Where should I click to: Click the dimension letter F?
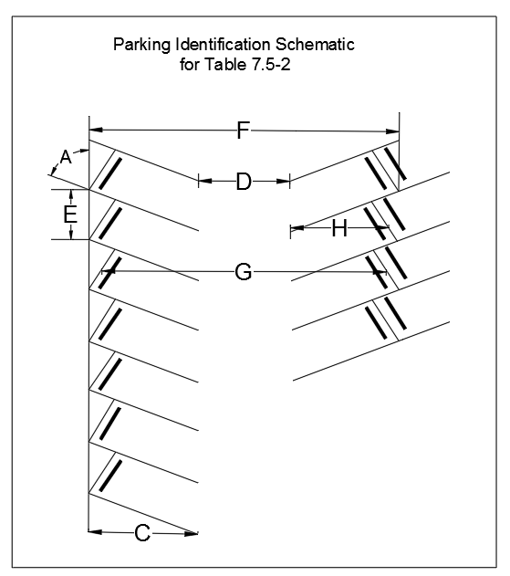point(244,130)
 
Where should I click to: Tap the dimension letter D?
point(244,182)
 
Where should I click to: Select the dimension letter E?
point(70,215)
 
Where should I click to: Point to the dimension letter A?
point(66,157)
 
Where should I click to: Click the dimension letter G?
point(244,272)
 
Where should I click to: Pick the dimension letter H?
point(339,228)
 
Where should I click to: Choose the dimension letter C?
point(142,533)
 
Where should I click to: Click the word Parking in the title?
point(141,45)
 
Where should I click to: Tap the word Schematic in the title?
point(315,45)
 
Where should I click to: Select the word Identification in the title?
point(224,45)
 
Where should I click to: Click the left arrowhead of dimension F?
point(96,130)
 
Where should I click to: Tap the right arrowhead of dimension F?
point(392,131)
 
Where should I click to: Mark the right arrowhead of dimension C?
point(191,533)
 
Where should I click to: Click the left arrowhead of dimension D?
point(205,181)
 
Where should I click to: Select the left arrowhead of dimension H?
point(297,228)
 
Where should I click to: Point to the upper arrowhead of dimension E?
point(71,195)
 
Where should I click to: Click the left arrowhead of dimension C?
point(96,531)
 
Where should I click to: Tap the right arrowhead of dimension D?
point(283,181)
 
